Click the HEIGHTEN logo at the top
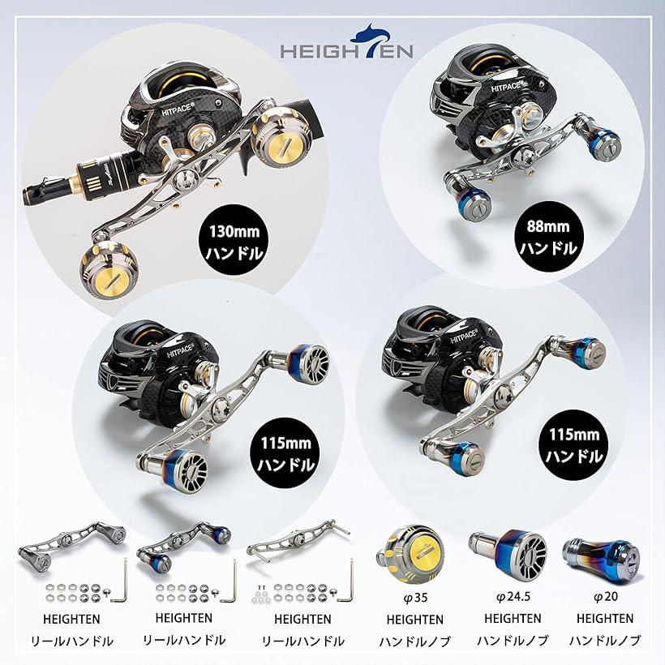(x=346, y=42)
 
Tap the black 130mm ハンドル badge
(x=234, y=242)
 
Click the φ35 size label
(x=414, y=598)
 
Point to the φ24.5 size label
(x=513, y=597)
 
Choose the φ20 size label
(x=605, y=597)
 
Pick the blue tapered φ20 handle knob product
(x=602, y=557)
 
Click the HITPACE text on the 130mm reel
(x=178, y=110)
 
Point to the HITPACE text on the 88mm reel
(x=505, y=86)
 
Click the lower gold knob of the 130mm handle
(x=109, y=270)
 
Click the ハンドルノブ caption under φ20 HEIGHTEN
(x=605, y=640)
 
